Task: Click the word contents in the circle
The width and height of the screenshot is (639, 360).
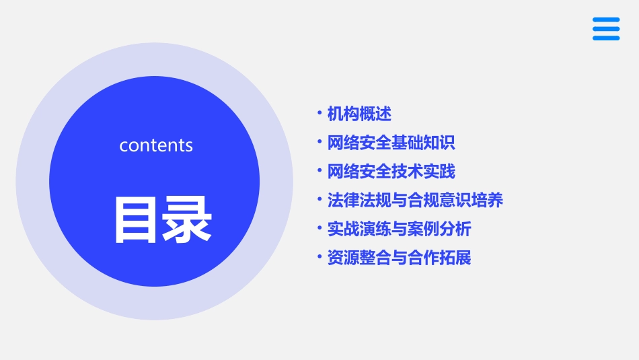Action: pyautogui.click(x=156, y=145)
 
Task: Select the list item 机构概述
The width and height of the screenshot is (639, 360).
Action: pyautogui.click(x=359, y=114)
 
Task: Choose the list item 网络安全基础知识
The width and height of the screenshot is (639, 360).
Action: pyautogui.click(x=391, y=143)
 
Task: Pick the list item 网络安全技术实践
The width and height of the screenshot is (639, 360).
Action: pyautogui.click(x=391, y=172)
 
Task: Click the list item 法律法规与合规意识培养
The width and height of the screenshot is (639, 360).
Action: pyautogui.click(x=415, y=201)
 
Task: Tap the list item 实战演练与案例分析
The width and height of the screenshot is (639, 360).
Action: pyautogui.click(x=400, y=229)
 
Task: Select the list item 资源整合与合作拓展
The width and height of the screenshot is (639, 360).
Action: pyautogui.click(x=400, y=258)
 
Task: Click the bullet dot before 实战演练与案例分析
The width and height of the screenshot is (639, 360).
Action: pyautogui.click(x=319, y=228)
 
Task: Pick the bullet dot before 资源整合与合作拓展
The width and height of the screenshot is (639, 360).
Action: pyautogui.click(x=319, y=257)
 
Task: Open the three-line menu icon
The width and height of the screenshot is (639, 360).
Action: pyautogui.click(x=606, y=29)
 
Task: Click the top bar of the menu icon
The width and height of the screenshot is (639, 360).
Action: pyautogui.click(x=606, y=20)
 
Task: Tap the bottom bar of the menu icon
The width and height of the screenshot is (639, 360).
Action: pyautogui.click(x=606, y=38)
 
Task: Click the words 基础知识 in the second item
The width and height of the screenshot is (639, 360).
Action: pyautogui.click(x=424, y=143)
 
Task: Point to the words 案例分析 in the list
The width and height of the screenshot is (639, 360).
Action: pyautogui.click(x=440, y=229)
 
